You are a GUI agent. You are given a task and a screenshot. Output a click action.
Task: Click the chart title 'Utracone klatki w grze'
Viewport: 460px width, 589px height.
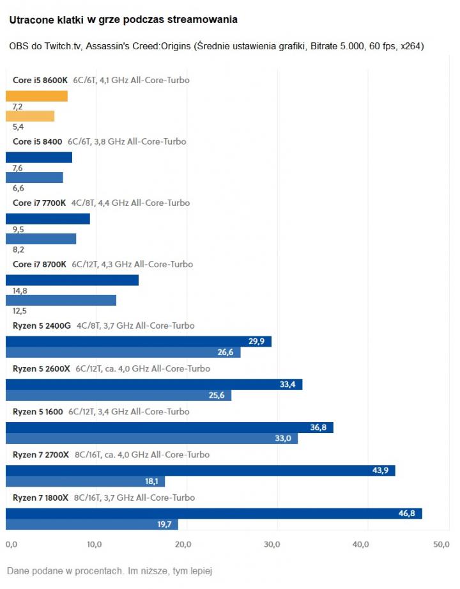[123, 20]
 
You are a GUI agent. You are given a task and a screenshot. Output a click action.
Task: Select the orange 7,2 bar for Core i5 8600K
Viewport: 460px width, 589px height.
[36, 96]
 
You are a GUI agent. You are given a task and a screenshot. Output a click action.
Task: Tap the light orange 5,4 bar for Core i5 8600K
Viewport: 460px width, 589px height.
[30, 116]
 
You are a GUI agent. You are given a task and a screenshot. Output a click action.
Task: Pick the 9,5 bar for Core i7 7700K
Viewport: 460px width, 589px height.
[48, 219]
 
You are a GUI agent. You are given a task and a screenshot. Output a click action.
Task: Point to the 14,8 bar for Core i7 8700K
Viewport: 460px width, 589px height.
[72, 280]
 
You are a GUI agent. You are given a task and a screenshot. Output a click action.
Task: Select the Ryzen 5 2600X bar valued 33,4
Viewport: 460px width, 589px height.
[153, 384]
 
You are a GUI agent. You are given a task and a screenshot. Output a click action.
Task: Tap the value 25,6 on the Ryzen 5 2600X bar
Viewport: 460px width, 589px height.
[217, 395]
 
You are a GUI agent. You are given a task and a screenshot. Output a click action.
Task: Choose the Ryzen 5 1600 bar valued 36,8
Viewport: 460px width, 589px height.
[169, 427]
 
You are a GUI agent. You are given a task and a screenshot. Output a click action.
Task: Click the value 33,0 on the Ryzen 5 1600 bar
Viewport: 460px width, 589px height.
[283, 438]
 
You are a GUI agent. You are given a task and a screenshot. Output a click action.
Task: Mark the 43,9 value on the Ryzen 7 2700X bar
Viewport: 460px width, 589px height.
[381, 471]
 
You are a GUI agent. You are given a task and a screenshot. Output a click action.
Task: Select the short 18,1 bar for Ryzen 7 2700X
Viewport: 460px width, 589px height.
[85, 481]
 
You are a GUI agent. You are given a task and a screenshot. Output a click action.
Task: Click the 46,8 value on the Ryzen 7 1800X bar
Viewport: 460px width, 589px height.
[408, 514]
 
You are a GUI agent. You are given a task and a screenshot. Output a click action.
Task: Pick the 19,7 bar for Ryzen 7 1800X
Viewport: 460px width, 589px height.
[91, 524]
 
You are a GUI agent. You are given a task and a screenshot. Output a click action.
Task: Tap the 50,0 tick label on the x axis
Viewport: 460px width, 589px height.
[441, 545]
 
